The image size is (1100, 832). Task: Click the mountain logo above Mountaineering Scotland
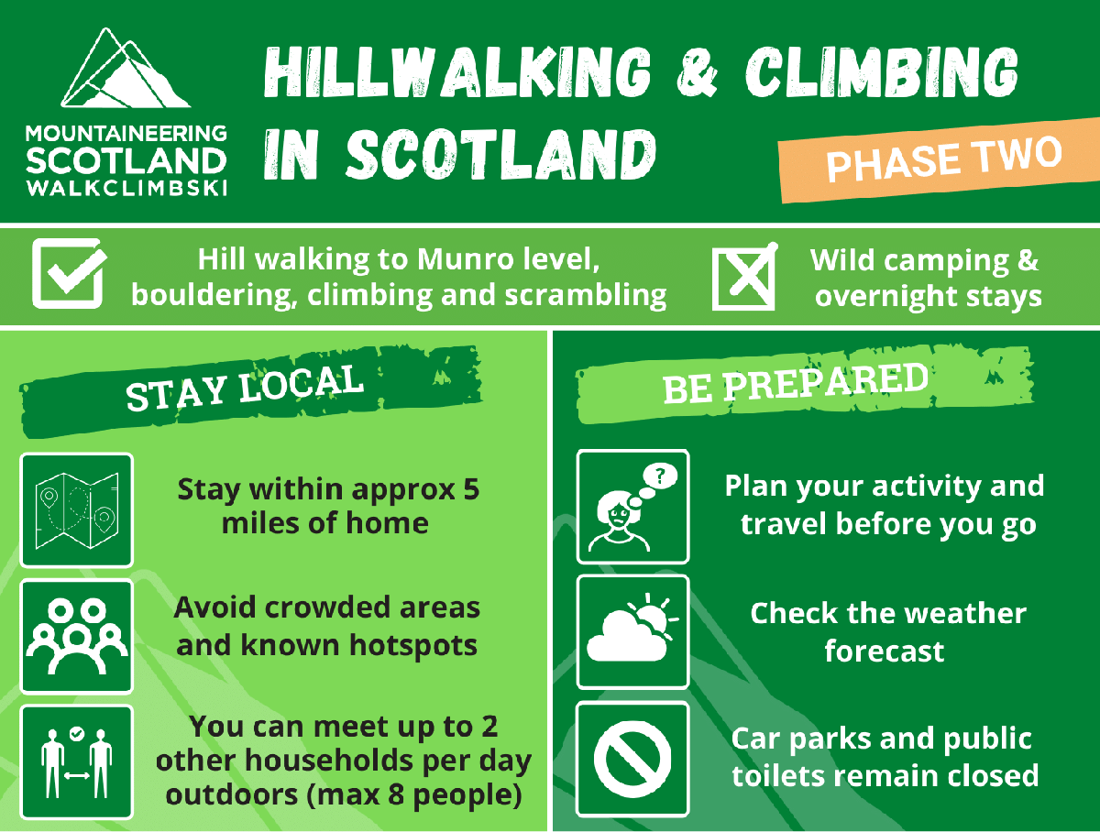tap(126, 68)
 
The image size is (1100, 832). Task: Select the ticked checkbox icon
tap(69, 273)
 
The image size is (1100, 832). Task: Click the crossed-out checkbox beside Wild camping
tap(745, 277)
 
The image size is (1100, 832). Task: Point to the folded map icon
tap(77, 509)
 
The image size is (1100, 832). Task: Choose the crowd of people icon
tap(77, 636)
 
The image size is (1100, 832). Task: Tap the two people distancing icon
tap(77, 761)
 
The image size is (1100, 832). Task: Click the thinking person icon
tap(632, 507)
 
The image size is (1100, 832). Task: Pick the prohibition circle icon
tap(632, 760)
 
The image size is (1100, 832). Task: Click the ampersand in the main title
tap(697, 72)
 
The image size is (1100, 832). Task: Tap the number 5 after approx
tap(471, 489)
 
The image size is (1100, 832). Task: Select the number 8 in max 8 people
tap(396, 794)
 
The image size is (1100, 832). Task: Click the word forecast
tap(885, 651)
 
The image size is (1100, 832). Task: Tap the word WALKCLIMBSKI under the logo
tap(126, 189)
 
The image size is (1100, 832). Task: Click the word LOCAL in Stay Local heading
tap(301, 383)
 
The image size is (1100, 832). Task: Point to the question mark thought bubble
tap(660, 475)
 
